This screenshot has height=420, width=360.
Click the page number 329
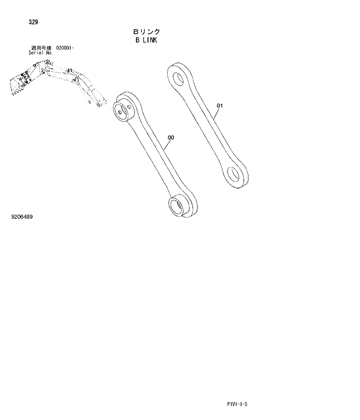33,22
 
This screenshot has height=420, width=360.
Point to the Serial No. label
41,52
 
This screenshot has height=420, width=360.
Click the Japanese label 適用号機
41,48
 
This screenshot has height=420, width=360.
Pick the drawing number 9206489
22,217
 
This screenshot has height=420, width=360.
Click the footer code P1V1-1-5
238,404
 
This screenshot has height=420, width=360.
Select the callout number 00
171,137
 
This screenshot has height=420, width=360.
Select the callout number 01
219,106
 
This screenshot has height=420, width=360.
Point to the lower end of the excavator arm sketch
96,104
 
